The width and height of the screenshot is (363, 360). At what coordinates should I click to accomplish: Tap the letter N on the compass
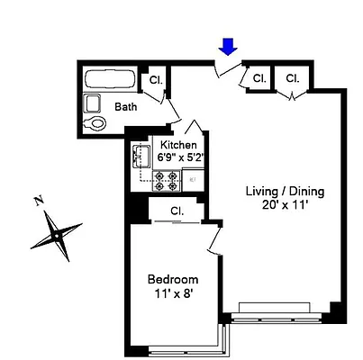[37, 201]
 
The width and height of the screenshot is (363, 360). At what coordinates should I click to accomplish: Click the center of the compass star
[57, 233]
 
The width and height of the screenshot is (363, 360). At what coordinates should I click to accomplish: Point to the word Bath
[126, 107]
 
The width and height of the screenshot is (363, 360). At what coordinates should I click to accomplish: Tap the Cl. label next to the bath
[154, 79]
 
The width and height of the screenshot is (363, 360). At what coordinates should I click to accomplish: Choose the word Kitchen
[177, 144]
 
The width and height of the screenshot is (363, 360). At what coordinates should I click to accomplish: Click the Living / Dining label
[286, 192]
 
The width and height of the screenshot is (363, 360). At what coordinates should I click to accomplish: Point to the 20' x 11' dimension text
[286, 205]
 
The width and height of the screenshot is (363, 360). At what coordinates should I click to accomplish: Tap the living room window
[280, 317]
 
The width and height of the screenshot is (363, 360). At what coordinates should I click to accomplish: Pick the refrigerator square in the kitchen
[194, 179]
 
